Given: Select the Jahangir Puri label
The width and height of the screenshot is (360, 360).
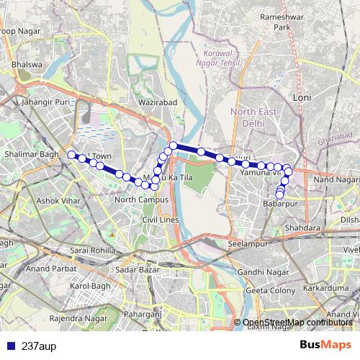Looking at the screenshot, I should (48, 103).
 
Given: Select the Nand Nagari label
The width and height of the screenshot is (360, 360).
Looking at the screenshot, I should (336, 179).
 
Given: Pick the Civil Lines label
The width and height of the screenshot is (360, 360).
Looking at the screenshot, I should (159, 219).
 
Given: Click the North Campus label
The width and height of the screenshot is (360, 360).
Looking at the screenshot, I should (141, 199).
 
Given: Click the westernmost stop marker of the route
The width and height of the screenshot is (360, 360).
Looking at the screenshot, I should (71, 154).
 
